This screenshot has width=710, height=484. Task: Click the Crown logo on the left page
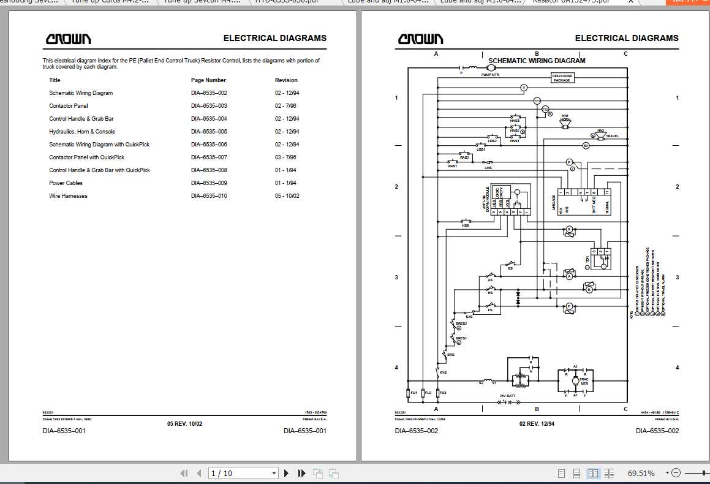(x=68, y=39)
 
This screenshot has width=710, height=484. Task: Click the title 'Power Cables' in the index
(x=66, y=183)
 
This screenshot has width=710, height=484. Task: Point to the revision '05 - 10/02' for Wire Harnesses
(x=287, y=196)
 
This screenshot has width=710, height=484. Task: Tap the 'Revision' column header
(x=286, y=80)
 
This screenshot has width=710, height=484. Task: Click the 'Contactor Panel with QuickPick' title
(x=86, y=157)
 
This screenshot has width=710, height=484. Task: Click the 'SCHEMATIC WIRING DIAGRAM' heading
(x=537, y=61)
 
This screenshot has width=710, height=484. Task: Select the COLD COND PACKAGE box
(x=562, y=78)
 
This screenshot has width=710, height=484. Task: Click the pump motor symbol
(x=491, y=68)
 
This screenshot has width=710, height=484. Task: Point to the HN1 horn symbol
(x=565, y=123)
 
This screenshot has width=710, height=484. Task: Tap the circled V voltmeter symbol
(x=524, y=88)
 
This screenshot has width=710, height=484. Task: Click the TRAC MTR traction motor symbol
(x=575, y=381)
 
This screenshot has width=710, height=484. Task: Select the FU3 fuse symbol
(x=437, y=392)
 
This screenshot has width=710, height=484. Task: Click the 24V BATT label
(x=507, y=396)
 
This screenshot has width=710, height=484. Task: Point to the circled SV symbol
(x=586, y=145)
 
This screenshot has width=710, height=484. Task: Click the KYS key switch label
(x=443, y=372)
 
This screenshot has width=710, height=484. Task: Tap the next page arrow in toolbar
(x=286, y=473)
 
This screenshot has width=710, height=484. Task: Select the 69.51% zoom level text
(x=641, y=473)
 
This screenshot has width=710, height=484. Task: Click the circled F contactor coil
(x=568, y=306)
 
